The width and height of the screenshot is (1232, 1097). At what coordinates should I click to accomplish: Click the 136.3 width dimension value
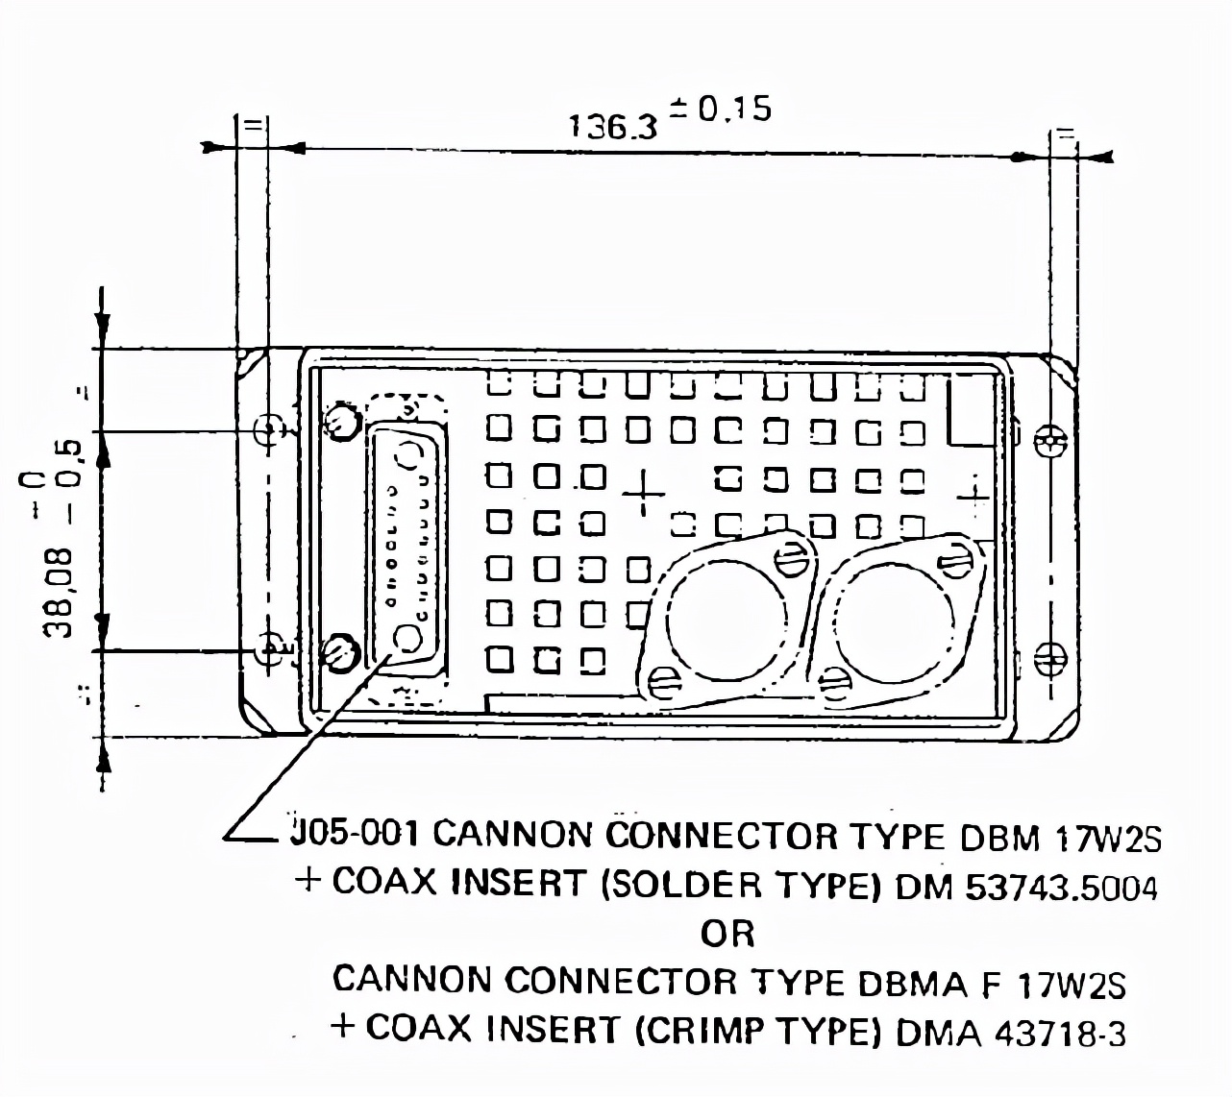[613, 126]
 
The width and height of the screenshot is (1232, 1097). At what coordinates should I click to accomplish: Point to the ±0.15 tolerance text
[721, 109]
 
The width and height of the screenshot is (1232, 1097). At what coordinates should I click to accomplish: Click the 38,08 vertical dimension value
[60, 593]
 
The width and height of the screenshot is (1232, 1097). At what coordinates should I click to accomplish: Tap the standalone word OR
[727, 933]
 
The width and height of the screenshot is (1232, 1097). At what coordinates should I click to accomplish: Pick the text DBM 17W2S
[1061, 838]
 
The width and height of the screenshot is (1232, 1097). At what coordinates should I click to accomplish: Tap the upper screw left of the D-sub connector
[341, 420]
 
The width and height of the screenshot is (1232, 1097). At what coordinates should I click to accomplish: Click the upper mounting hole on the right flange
[1050, 443]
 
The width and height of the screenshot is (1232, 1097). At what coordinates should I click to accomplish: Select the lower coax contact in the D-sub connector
[408, 638]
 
